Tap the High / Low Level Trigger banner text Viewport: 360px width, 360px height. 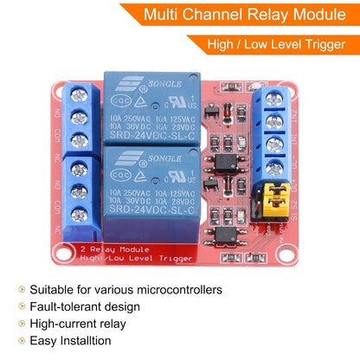click(282, 44)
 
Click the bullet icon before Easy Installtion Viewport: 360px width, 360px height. click(19, 341)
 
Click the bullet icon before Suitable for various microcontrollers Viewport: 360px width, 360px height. click(19, 289)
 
